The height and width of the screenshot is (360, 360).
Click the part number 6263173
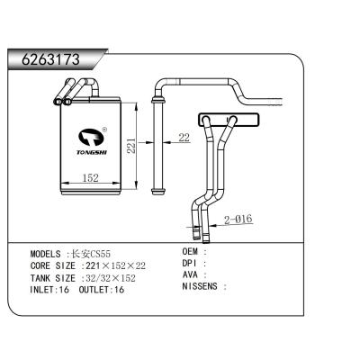45,60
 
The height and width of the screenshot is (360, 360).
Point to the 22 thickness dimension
184,138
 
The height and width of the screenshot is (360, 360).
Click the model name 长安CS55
91,255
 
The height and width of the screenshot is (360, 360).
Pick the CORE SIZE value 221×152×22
114,266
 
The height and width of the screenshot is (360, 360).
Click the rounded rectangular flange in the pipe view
220,119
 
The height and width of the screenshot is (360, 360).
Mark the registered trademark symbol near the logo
104,129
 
